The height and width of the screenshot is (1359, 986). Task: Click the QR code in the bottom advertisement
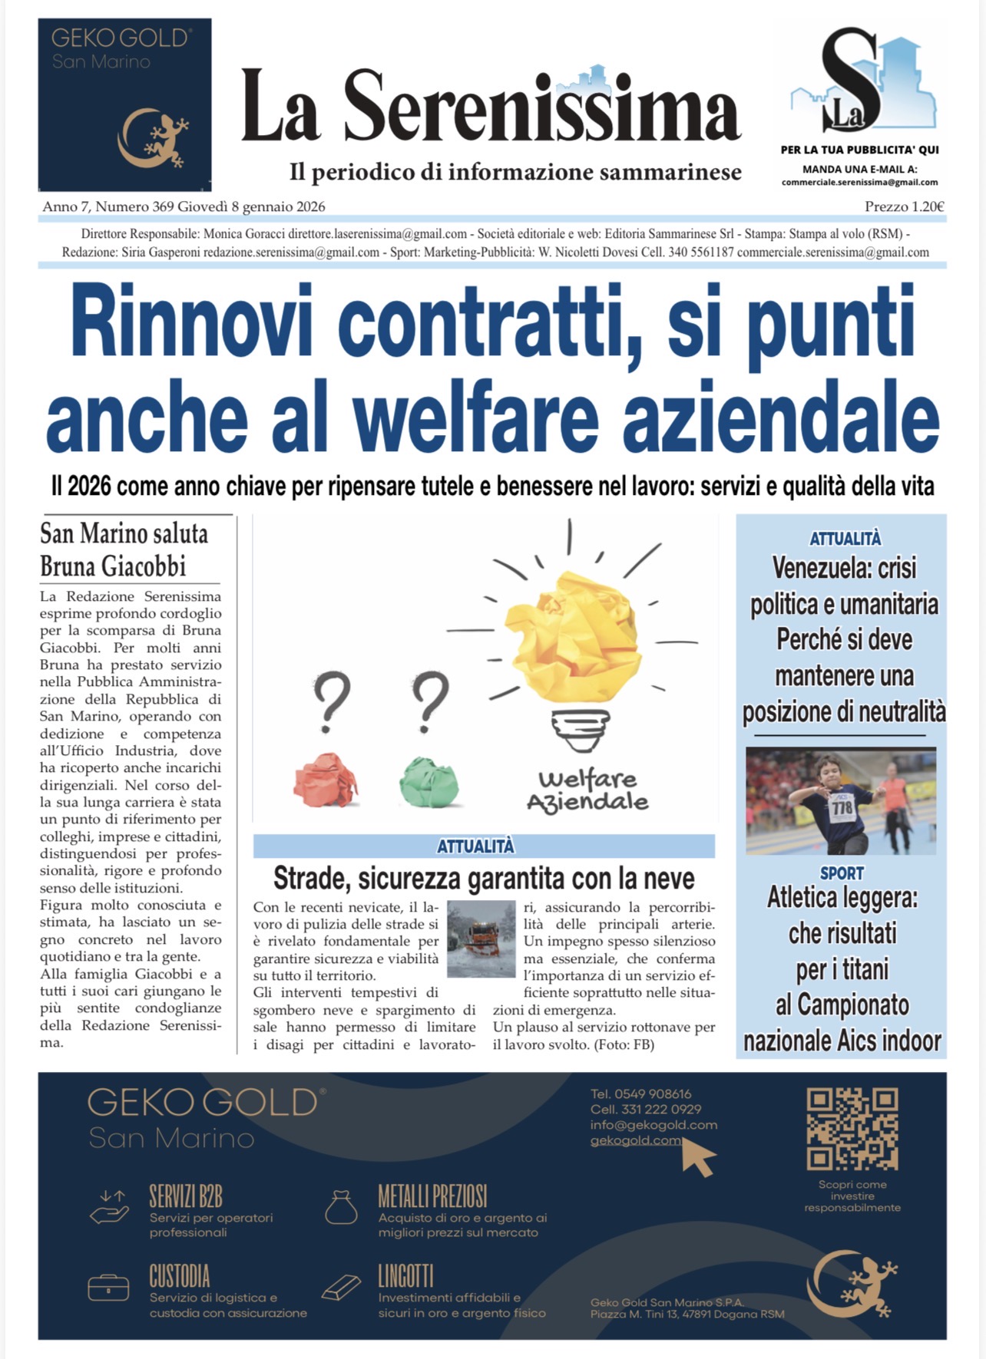[852, 1128]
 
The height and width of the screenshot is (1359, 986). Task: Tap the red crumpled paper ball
[326, 780]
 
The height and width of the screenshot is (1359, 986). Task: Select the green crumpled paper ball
[428, 781]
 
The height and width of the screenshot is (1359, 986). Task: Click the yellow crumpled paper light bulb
[573, 638]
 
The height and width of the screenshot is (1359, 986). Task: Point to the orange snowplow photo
[481, 938]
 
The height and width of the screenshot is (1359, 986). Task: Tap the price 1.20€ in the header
[904, 206]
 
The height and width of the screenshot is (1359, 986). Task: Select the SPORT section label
[842, 873]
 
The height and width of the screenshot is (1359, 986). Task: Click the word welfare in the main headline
[475, 418]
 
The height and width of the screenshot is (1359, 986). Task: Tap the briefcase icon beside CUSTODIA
[108, 1288]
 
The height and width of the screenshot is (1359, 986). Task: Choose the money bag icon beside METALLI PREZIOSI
[341, 1207]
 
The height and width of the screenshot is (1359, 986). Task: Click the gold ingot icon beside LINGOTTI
[340, 1287]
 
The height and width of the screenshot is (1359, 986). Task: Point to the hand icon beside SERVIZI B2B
[109, 1207]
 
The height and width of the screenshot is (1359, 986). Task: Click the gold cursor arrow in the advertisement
[698, 1157]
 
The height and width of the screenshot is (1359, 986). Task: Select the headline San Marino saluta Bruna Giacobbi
[124, 549]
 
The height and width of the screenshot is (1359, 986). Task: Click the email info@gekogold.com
[653, 1125]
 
